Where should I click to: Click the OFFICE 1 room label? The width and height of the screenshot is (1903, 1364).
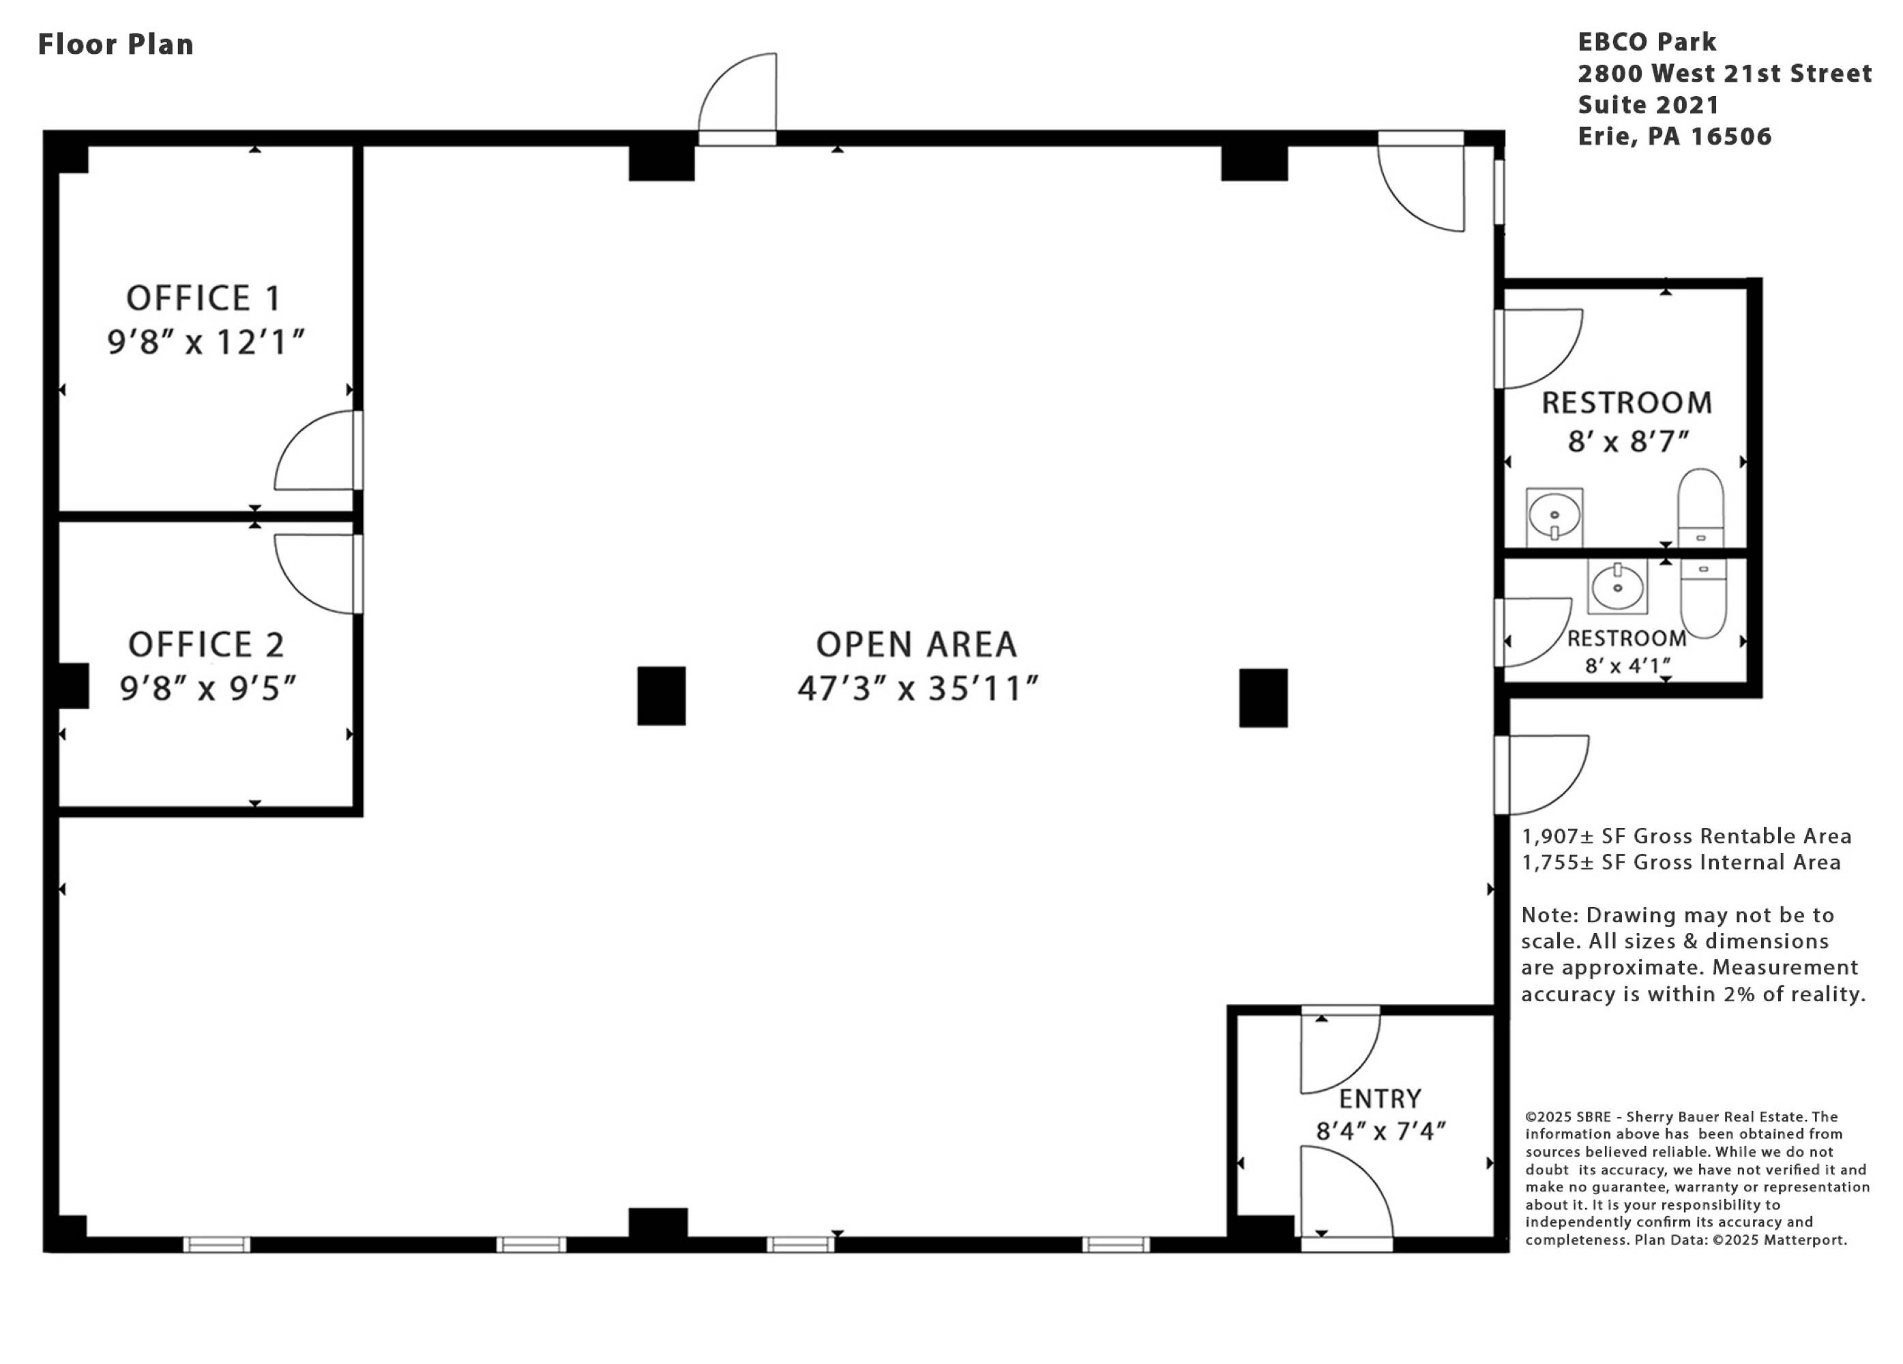203,298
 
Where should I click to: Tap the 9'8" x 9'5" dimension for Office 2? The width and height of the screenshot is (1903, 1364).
208,688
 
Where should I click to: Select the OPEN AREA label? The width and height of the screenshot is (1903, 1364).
916,644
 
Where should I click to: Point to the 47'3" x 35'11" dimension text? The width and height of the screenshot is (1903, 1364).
917,688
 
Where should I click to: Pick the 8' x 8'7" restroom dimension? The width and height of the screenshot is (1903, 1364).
1628,441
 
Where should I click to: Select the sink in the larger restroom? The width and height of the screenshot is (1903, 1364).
1554,516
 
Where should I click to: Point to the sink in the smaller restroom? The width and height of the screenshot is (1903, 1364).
1617,586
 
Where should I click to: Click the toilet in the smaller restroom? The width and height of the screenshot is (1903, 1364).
1703,599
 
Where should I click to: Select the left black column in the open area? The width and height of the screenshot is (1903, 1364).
661,696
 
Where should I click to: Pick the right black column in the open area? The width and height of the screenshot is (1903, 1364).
1263,697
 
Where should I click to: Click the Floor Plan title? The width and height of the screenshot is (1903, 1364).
116,44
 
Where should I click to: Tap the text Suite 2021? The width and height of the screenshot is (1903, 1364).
1648,105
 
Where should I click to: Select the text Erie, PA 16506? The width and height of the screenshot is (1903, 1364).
1675,136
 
